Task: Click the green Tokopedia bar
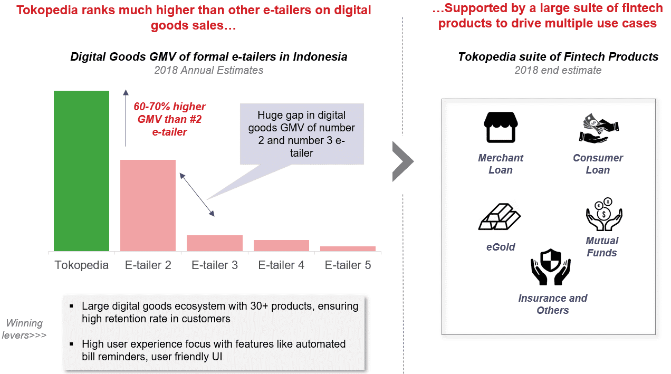81,171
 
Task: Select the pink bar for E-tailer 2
148,205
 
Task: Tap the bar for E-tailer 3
215,243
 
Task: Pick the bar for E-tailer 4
281,245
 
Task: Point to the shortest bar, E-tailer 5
348,249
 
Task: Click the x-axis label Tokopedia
81,265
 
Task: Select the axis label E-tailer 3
215,265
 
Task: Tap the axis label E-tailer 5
348,265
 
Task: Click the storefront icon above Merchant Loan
501,127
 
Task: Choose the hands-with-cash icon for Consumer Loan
599,128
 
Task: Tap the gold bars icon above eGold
500,216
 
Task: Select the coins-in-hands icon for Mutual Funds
604,214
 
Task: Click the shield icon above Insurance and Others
551,267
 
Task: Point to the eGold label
501,247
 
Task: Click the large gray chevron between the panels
403,161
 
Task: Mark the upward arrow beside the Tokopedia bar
126,118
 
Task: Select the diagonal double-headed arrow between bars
197,195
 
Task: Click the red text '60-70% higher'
169,107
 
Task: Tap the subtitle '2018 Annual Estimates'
209,70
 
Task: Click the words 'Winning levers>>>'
24,329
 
